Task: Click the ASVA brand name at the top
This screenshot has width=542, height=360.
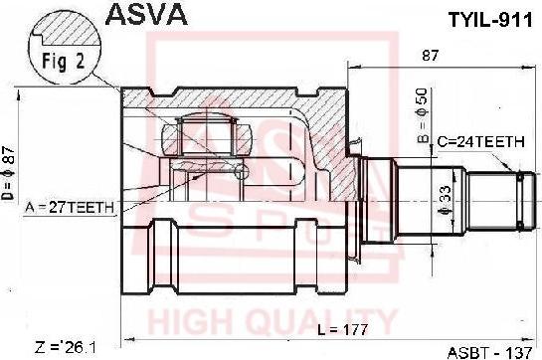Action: [146, 15]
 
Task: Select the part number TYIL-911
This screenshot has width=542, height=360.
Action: [490, 21]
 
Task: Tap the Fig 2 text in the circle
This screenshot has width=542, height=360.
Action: [64, 62]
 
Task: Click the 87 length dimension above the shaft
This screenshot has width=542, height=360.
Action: [430, 56]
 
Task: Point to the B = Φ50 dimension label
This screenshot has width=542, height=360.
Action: [423, 115]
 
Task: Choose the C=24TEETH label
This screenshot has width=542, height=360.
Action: [481, 142]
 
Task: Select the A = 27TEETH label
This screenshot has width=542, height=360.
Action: [70, 208]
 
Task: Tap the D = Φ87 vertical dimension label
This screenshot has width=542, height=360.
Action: [8, 173]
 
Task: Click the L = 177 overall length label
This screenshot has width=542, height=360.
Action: [343, 329]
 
